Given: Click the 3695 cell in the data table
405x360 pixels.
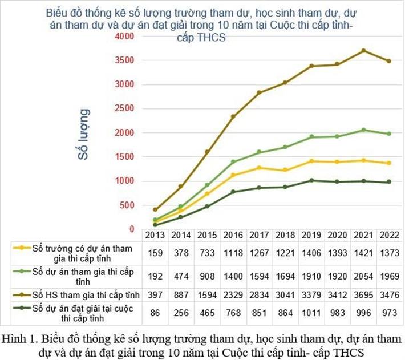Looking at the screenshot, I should click(x=363, y=294).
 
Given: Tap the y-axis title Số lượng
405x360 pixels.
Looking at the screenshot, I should click(x=84, y=134).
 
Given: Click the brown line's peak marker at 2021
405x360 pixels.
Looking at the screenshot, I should click(x=363, y=51).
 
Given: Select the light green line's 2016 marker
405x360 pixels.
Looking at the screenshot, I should click(x=233, y=162).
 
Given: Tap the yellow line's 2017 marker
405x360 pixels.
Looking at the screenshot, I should click(x=259, y=168).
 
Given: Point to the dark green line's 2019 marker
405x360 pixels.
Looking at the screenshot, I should click(x=311, y=180).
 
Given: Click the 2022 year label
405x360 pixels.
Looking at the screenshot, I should click(x=390, y=235).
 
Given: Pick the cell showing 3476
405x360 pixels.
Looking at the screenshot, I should click(x=390, y=294).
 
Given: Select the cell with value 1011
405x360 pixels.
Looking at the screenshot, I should click(x=311, y=313).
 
